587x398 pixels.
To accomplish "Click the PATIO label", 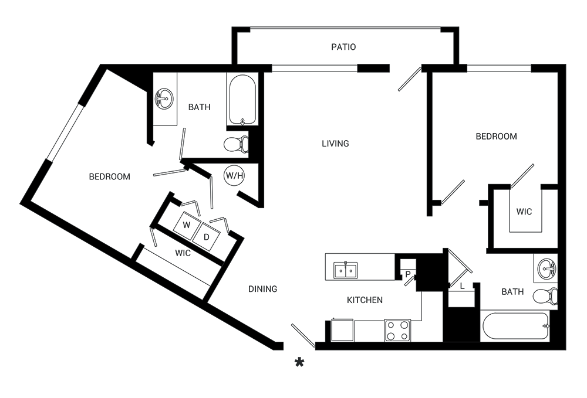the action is [x=343, y=47].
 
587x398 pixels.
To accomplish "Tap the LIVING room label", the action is [x=335, y=144].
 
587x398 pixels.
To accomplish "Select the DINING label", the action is [x=263, y=289].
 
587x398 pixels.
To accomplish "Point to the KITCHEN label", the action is [x=365, y=300].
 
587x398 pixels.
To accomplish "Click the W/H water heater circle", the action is [x=234, y=176].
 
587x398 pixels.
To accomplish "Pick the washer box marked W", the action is [x=187, y=225].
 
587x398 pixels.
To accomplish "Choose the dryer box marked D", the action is [x=206, y=237].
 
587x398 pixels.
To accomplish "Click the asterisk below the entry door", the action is [x=299, y=362].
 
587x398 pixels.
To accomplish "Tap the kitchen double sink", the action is [x=346, y=270].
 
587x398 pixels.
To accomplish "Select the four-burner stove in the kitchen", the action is [x=397, y=331].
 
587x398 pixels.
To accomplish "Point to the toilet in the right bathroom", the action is [x=545, y=297].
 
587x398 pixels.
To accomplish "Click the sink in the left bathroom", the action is [x=164, y=98].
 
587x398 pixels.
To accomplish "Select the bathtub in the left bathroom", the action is [x=242, y=100].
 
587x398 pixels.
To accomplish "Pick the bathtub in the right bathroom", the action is [x=515, y=326].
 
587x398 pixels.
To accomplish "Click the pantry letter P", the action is [x=408, y=274].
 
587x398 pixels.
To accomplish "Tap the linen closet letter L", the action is [x=463, y=286].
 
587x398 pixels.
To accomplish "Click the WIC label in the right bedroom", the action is [x=524, y=212].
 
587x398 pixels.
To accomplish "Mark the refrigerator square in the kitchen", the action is [x=342, y=330].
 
